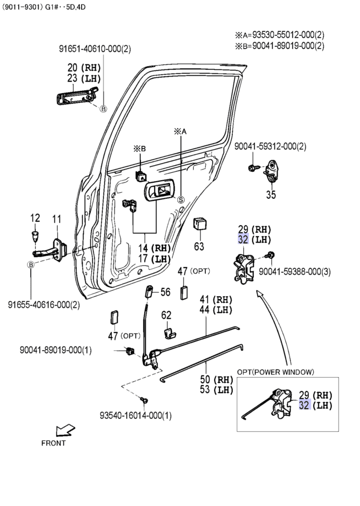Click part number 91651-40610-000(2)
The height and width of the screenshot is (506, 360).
95,49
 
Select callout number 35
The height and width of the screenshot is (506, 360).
271,194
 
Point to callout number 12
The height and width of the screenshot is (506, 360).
35,219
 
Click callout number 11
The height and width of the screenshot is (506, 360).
57,220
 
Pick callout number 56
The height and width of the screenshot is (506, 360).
166,292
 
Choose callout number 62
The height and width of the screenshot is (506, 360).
166,315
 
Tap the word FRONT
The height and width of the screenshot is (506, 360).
53,443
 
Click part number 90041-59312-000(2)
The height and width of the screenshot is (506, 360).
270,146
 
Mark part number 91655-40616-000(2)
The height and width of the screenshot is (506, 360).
44,304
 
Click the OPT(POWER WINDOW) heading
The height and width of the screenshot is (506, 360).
276,372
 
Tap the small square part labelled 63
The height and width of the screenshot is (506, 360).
199,223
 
